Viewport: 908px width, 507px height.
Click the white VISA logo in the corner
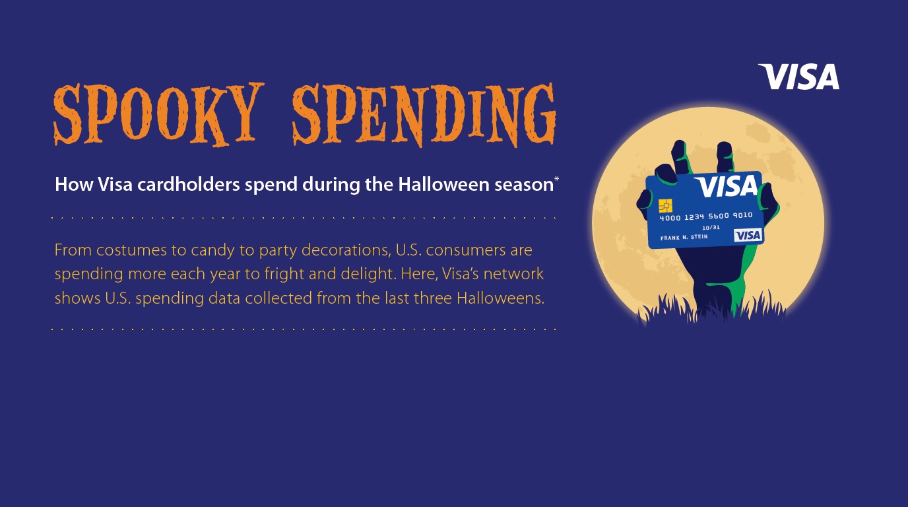point(798,77)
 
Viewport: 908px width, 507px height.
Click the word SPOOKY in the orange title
point(158,114)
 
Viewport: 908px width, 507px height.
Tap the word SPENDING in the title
point(424,115)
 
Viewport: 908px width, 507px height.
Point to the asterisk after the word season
point(556,179)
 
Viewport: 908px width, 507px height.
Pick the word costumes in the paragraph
point(131,250)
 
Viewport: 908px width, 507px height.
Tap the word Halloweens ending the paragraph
point(500,298)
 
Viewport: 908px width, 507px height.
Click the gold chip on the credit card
point(665,206)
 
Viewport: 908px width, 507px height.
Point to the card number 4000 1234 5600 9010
point(706,216)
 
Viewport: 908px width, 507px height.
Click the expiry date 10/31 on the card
point(711,228)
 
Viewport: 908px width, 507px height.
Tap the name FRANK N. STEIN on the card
point(684,237)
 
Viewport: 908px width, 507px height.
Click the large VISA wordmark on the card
point(726,186)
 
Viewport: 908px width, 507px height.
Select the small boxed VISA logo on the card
point(748,235)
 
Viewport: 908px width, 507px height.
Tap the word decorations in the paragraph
point(346,250)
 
